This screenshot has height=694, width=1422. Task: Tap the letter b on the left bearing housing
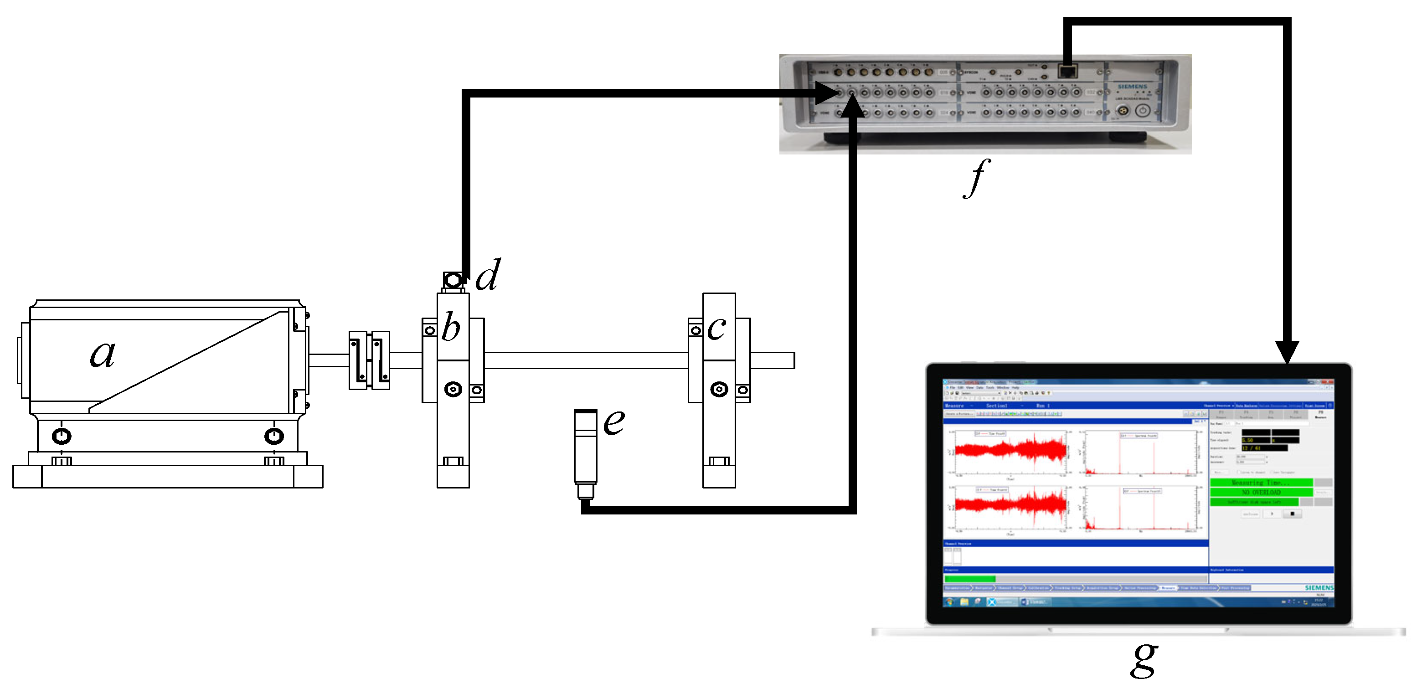click(451, 327)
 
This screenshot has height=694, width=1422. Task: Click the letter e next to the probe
click(613, 422)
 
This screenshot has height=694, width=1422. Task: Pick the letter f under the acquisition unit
click(977, 178)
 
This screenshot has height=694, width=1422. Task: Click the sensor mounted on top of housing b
click(453, 281)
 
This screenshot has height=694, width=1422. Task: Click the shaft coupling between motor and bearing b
click(369, 360)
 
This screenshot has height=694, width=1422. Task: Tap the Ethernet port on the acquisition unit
click(1067, 71)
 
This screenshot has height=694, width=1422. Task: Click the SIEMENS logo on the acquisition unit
click(1132, 87)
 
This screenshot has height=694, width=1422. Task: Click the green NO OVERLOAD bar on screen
click(1262, 492)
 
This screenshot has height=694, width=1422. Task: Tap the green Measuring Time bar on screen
click(1262, 483)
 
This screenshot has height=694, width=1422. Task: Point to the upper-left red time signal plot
click(1010, 450)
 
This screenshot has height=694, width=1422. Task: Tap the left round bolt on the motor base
click(61, 436)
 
